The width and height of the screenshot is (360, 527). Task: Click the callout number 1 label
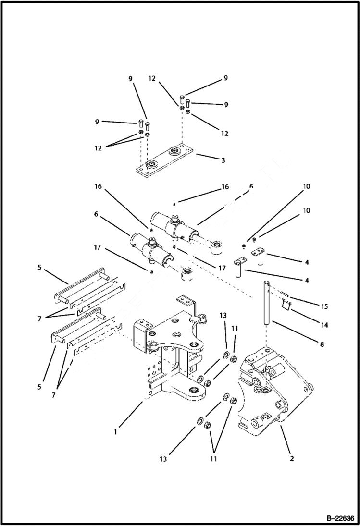(x=115, y=432)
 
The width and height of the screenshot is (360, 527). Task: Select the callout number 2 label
(x=292, y=458)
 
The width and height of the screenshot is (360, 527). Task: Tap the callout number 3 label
(x=223, y=160)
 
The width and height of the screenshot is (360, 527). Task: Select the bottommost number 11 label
(x=213, y=459)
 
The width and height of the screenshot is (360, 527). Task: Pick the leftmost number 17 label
(x=97, y=248)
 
